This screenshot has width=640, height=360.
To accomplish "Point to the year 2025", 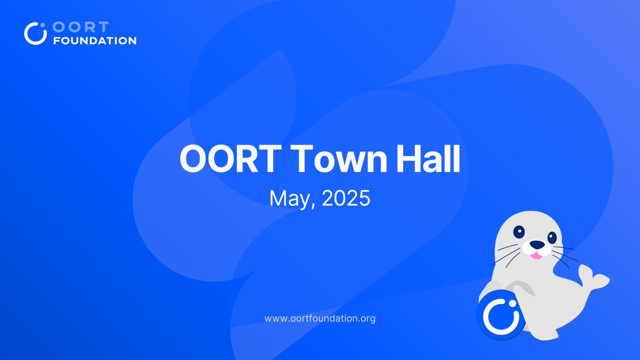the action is coord(346,198).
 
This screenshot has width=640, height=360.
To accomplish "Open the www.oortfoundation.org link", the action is coord(320,318).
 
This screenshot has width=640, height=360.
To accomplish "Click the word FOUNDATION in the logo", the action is coord(95,41).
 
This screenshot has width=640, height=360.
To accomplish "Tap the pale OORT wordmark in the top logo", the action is coord(81,27).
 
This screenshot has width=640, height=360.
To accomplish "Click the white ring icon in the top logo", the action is coord(35,34).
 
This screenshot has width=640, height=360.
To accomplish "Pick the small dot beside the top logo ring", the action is coord(43,26).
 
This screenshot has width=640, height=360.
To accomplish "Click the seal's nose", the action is coord(537,245).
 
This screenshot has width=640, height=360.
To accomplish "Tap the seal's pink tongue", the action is coord(537,255).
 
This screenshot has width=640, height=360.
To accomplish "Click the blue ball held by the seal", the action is coord(501,315).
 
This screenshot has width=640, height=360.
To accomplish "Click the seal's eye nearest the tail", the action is coord(552,238).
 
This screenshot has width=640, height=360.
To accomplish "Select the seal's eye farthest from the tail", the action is coord(519,231).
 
